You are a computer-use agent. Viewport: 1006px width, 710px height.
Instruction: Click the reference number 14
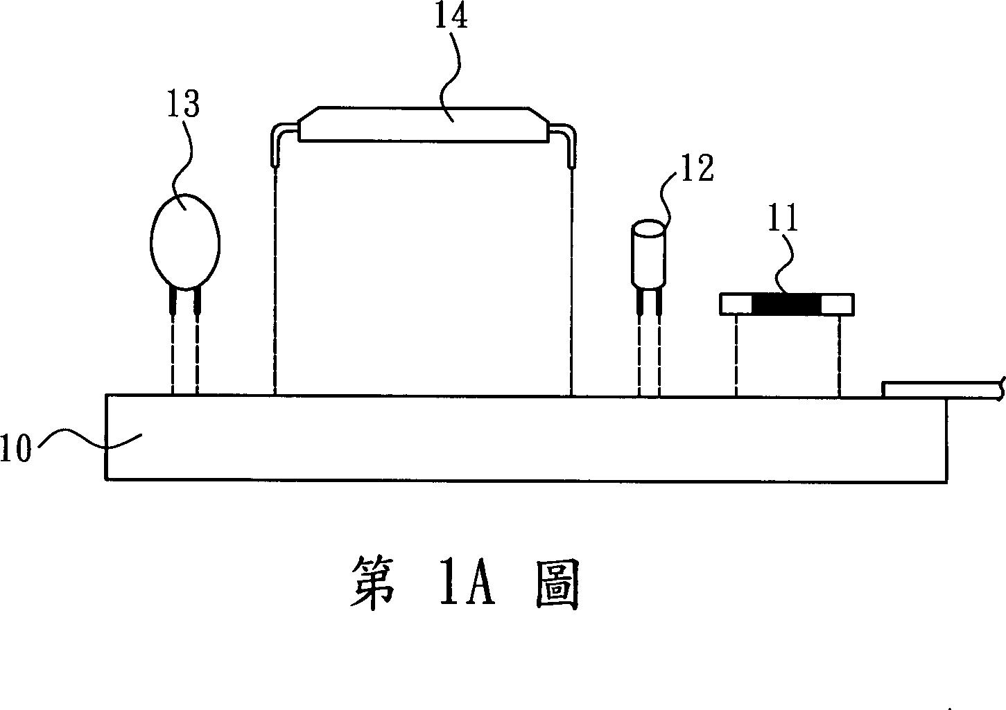click(x=451, y=17)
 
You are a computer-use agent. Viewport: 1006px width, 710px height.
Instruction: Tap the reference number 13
click(x=183, y=105)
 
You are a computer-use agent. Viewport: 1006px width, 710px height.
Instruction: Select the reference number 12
click(x=696, y=168)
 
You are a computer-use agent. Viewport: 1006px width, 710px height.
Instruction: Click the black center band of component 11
click(x=786, y=304)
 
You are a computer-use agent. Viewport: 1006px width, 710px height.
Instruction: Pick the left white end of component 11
click(x=735, y=304)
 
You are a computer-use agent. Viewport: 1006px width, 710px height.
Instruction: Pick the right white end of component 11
click(x=838, y=304)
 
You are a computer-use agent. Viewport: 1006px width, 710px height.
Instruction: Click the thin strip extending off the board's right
click(x=943, y=389)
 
